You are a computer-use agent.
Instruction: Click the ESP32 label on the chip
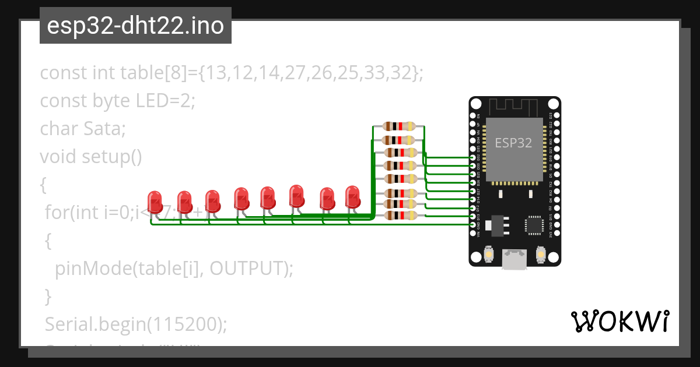coord(513,143)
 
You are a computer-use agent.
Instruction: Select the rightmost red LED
coord(353,197)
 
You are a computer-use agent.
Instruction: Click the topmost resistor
coord(399,126)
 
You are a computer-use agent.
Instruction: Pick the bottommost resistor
coord(399,216)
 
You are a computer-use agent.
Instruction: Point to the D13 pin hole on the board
coord(474,216)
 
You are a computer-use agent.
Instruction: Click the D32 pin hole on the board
coord(474,158)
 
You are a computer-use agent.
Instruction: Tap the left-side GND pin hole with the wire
coord(474,224)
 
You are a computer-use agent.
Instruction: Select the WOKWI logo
coord(619,321)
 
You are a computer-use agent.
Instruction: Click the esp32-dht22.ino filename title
coord(135,26)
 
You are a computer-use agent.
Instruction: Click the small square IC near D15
coord(534,225)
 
